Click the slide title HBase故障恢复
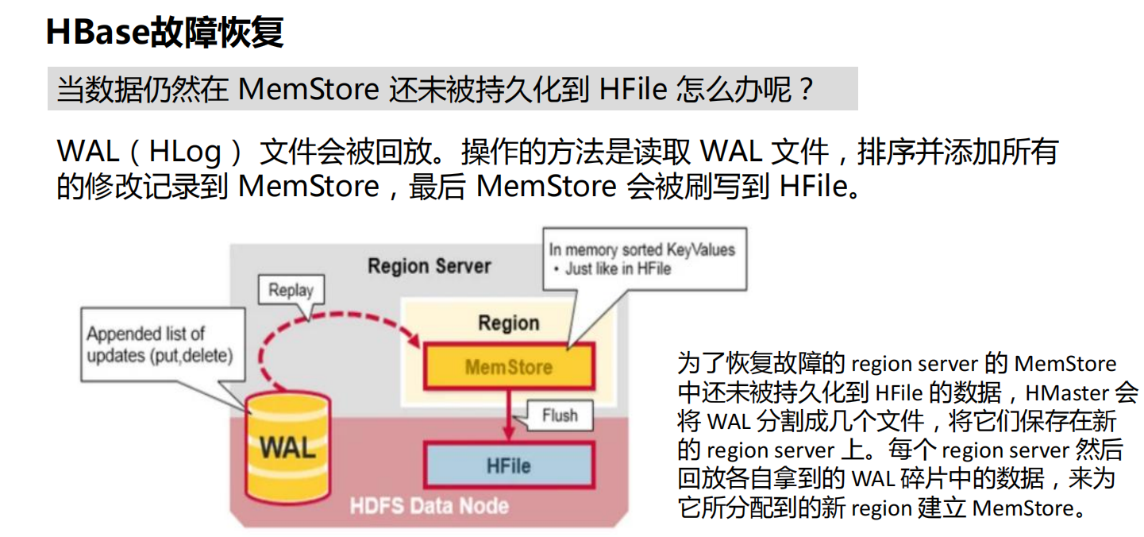[164, 33]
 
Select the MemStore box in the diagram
[508, 367]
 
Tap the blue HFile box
[508, 465]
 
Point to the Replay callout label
[291, 291]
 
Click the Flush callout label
[559, 415]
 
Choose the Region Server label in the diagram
[429, 266]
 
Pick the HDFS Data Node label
[429, 506]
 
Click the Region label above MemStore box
[508, 323]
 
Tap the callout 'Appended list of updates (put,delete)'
[159, 345]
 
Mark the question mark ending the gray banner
[806, 89]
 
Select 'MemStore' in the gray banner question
[309, 89]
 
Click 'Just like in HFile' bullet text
[618, 268]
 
